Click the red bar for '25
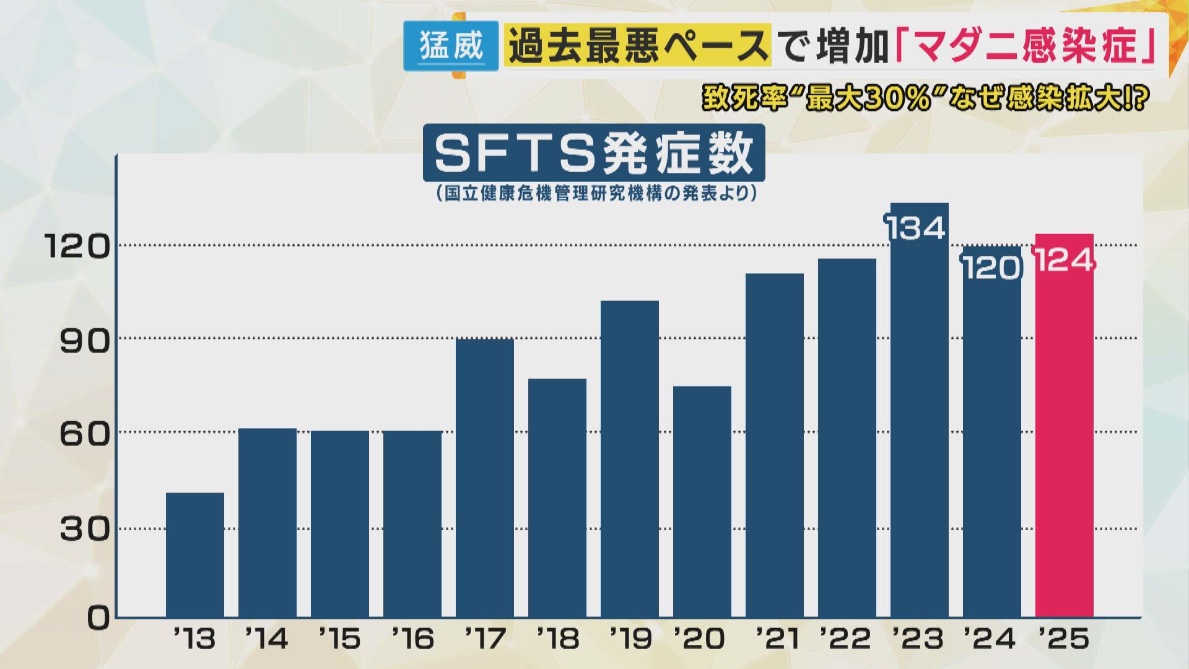click(x=1064, y=434)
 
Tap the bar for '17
click(x=485, y=477)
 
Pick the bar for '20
click(x=702, y=502)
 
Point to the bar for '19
click(x=629, y=458)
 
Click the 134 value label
click(x=916, y=228)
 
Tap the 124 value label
click(x=1064, y=260)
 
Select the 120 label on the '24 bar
click(x=991, y=268)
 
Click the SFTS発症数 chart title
click(x=593, y=153)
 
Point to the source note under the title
click(x=593, y=194)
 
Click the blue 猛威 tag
click(x=451, y=46)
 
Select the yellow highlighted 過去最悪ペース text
click(x=638, y=46)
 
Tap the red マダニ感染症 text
click(x=1025, y=46)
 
